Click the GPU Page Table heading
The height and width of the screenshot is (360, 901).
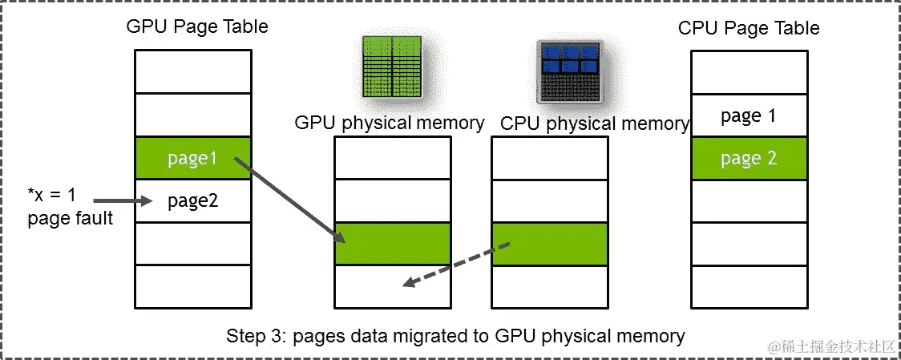click(x=196, y=26)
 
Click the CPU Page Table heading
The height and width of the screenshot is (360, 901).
click(x=749, y=28)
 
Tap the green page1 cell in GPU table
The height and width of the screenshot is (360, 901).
click(x=192, y=159)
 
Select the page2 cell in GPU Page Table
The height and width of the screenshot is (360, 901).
click(x=192, y=200)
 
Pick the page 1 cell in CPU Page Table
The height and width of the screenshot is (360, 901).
click(x=748, y=116)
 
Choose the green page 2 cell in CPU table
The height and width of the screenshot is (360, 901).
click(x=748, y=158)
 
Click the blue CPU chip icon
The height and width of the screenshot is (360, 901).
click(x=568, y=71)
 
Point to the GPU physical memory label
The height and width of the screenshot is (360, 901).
click(x=389, y=123)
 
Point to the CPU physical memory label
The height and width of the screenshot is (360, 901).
click(x=594, y=123)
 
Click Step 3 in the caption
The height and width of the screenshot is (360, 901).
click(x=253, y=335)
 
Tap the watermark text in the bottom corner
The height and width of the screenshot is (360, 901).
click(x=830, y=346)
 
